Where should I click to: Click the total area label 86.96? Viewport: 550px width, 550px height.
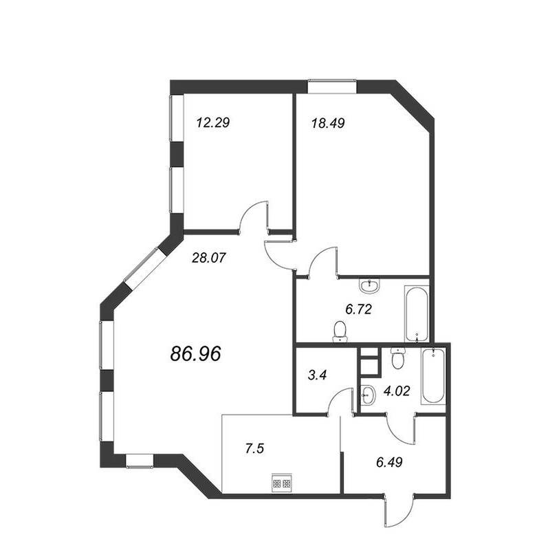[x=196, y=353]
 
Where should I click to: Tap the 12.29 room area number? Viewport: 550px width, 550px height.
[x=213, y=123]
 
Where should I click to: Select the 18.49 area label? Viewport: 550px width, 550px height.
[x=328, y=123]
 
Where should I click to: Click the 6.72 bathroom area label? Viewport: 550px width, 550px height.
[x=358, y=309]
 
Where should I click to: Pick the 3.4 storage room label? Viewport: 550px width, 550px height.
[x=317, y=375]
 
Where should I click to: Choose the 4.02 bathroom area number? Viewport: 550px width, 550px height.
[x=397, y=390]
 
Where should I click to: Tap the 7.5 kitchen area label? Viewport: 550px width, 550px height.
[x=254, y=449]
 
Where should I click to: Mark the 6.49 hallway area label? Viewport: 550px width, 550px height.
[x=389, y=462]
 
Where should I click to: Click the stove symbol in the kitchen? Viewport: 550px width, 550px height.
[x=282, y=483]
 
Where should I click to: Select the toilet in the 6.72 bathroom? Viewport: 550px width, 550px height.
[x=340, y=331]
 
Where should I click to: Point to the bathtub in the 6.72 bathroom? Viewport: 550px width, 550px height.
[x=417, y=314]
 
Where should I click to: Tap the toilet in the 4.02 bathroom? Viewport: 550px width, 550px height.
[x=398, y=357]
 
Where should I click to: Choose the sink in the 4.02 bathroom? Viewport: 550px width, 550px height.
[x=368, y=395]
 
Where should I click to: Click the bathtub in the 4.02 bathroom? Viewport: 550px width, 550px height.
[x=433, y=376]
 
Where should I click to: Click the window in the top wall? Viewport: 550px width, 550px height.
[x=332, y=87]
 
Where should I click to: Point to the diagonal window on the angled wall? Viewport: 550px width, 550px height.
[x=144, y=269]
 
